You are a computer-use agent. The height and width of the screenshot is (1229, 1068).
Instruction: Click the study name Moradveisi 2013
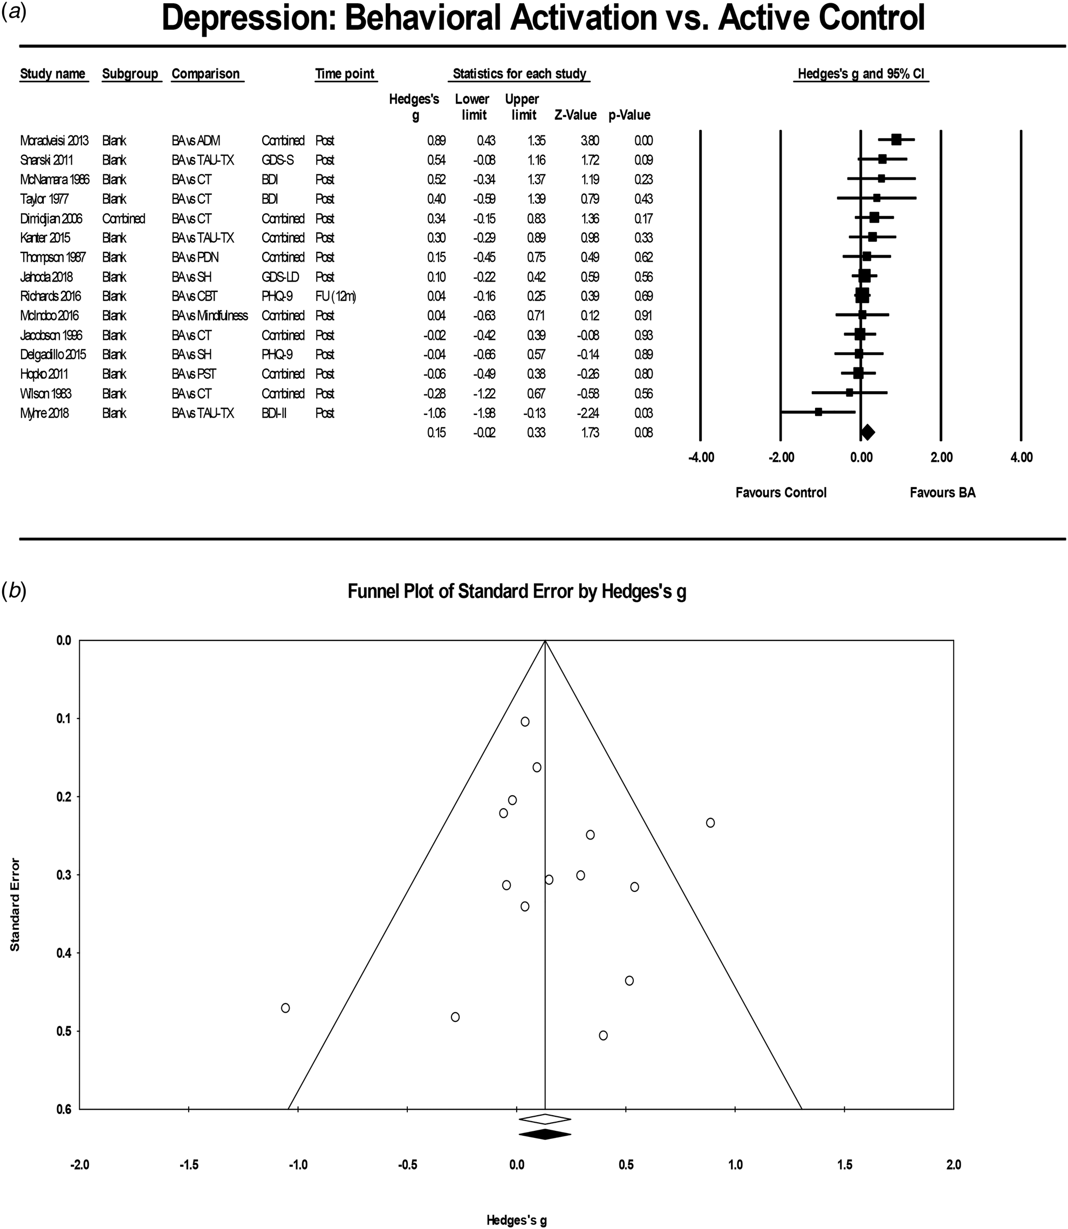[x=54, y=141]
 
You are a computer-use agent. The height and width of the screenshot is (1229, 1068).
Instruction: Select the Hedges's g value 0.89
[x=436, y=141]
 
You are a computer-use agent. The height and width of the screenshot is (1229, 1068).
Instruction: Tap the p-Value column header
[x=629, y=115]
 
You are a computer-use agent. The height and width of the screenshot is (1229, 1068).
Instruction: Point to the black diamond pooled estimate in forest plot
[x=867, y=432]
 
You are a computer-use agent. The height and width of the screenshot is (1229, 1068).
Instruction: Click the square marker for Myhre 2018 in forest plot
[x=818, y=412]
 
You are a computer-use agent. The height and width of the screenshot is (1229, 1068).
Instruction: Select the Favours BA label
[x=942, y=493]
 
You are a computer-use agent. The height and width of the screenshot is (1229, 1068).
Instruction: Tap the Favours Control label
[x=781, y=493]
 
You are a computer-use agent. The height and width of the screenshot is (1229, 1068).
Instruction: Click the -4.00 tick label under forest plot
[x=701, y=458]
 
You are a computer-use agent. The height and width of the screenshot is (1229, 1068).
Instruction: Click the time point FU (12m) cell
[x=336, y=296]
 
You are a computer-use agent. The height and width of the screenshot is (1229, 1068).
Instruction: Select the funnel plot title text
[x=517, y=592]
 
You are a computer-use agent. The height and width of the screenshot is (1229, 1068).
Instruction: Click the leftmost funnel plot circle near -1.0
[x=285, y=1008]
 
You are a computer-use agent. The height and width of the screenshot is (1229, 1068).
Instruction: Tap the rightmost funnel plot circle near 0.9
[x=710, y=823]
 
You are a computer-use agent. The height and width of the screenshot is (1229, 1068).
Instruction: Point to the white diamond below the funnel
[x=545, y=1118]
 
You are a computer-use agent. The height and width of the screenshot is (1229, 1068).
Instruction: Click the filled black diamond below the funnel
[x=545, y=1134]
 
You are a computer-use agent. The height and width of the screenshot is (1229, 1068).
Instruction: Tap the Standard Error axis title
[x=15, y=904]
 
